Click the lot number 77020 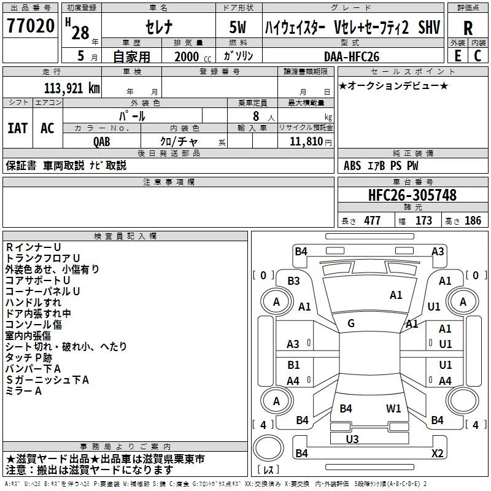(31, 26)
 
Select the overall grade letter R (468, 28)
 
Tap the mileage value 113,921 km (72, 88)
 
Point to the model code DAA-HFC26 (352, 56)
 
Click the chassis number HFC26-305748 (412, 195)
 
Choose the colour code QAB (102, 142)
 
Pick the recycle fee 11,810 (306, 142)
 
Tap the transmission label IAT (18, 128)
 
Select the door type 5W (238, 27)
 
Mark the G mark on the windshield (351, 323)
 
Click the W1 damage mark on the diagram (393, 408)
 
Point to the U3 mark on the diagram (352, 439)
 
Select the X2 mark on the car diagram (438, 453)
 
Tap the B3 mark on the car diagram (294, 281)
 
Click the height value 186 (473, 221)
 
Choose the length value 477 (373, 221)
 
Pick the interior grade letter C (477, 56)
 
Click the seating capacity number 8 (256, 116)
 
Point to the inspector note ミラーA (23, 391)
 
